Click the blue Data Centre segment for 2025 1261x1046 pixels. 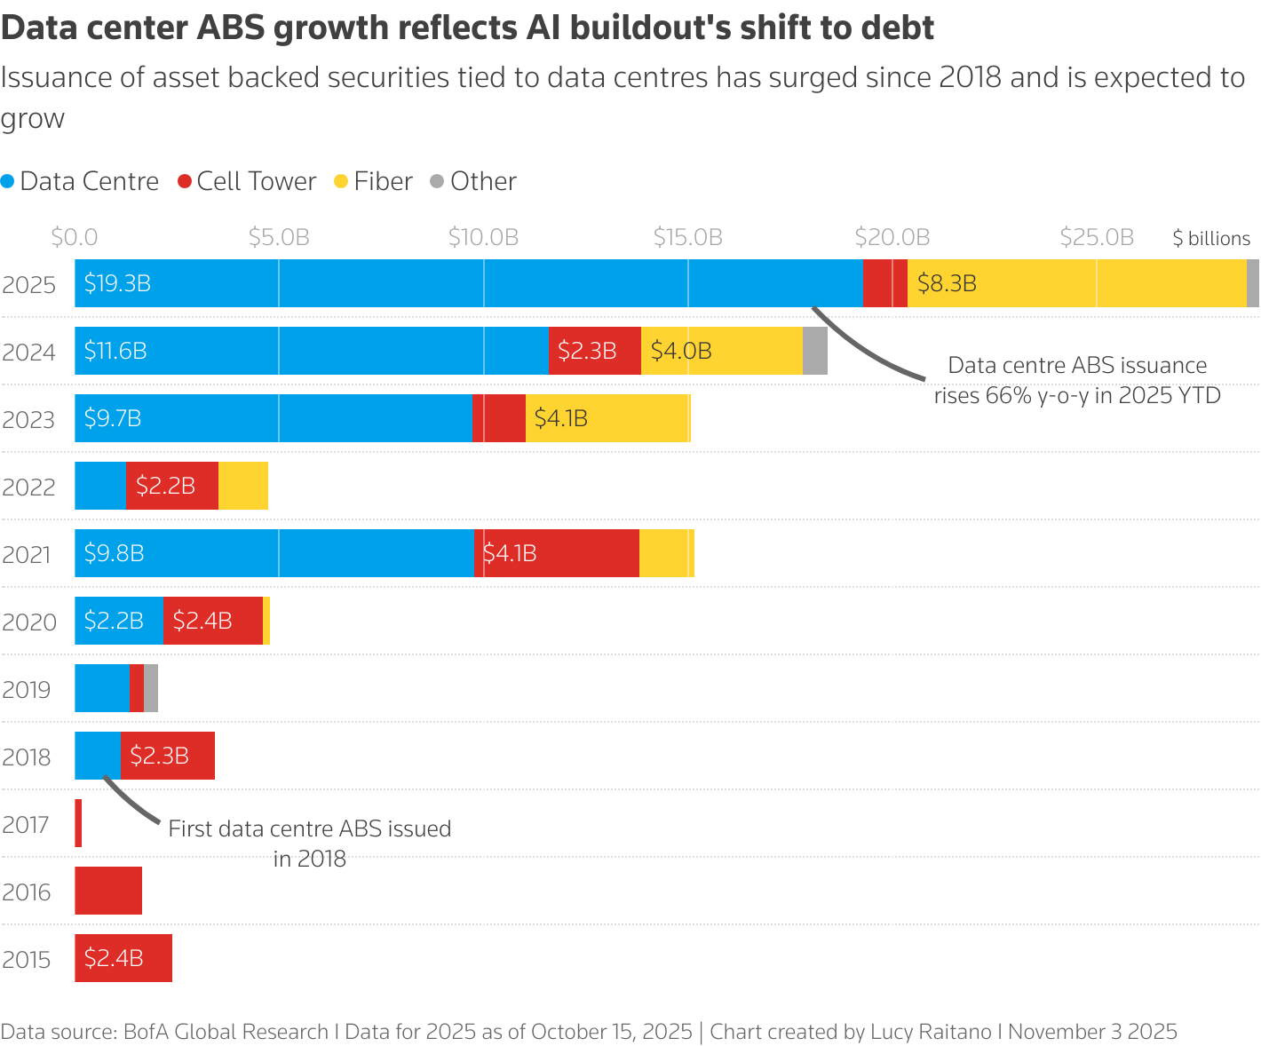coord(469,283)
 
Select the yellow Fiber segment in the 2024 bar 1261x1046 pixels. coord(721,351)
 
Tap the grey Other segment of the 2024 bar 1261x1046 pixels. coord(814,351)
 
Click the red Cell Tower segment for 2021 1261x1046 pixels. coord(557,553)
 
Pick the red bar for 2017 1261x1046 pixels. coord(78,823)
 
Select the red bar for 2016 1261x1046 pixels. coord(108,891)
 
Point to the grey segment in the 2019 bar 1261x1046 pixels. coord(151,688)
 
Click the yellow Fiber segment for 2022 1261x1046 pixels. coord(243,486)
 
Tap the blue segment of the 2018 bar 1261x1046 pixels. coord(98,756)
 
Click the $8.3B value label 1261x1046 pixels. coord(947,283)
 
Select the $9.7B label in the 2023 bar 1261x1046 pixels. coord(113,418)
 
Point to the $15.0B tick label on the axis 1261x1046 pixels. coord(687,237)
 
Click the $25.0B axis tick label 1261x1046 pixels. coord(1097,237)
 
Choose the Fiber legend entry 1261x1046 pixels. coord(373,181)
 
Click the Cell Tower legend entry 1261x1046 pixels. coord(247,181)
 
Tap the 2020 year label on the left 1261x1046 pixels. coord(29,622)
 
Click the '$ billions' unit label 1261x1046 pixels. coord(1210,238)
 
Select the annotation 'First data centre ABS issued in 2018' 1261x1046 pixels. coord(309,843)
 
